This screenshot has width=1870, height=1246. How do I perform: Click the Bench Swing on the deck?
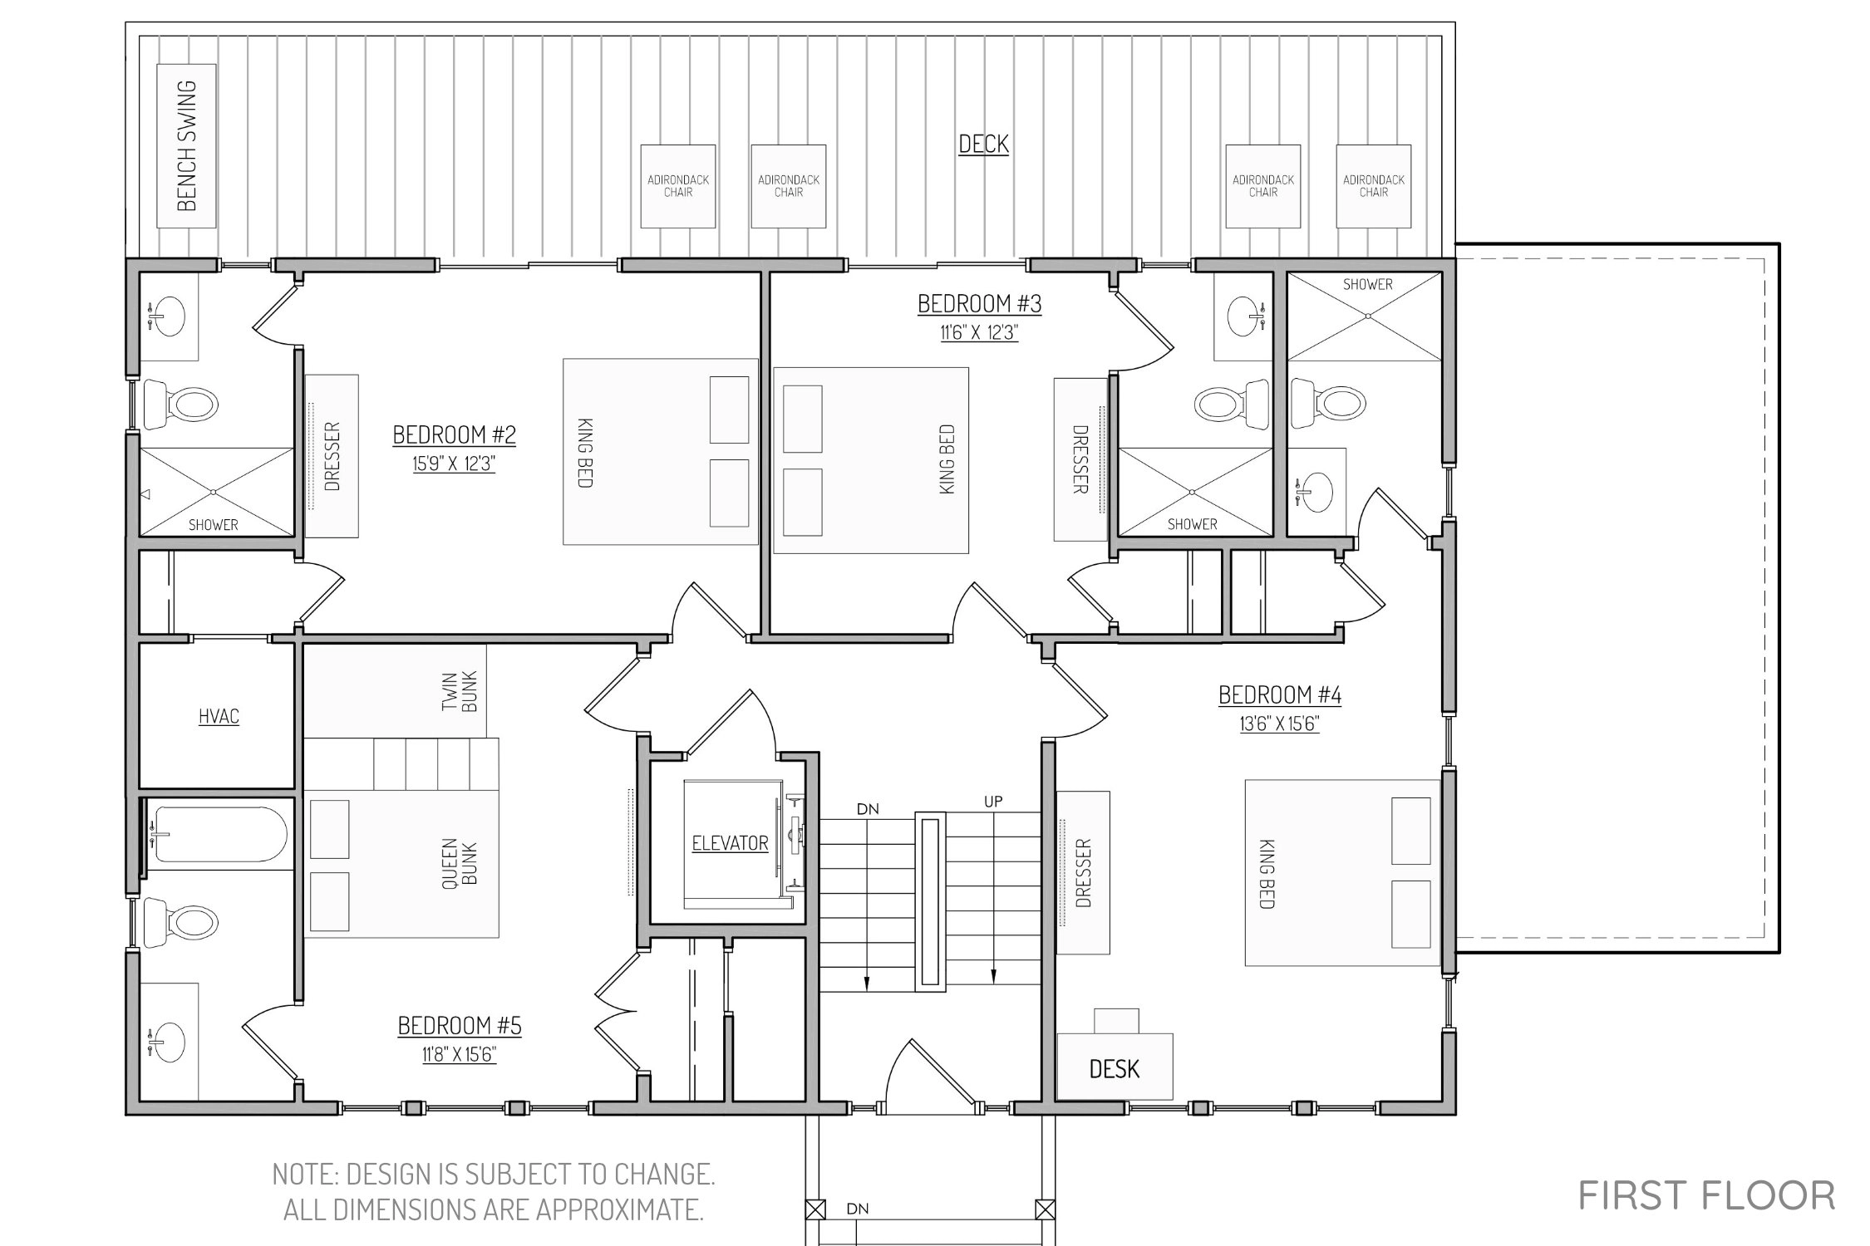[x=186, y=145]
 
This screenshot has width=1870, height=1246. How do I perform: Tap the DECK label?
[x=983, y=144]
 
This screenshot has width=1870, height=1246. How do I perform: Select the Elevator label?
[x=730, y=843]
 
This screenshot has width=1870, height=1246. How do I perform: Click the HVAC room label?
[x=219, y=716]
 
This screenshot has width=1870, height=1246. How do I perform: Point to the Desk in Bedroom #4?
[x=1115, y=1066]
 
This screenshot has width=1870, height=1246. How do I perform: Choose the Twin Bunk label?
[x=460, y=691]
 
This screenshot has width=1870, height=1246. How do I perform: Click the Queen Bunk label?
[x=460, y=864]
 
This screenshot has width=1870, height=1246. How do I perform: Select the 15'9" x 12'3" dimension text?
[x=454, y=464]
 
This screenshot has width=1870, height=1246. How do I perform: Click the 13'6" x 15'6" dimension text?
[x=1280, y=724]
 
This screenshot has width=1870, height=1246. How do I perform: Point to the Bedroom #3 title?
[x=979, y=304]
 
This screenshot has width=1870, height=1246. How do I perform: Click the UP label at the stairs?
[x=993, y=802]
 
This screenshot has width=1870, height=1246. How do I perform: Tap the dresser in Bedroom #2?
[x=332, y=456]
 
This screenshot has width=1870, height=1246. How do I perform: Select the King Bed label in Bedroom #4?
[x=1267, y=873]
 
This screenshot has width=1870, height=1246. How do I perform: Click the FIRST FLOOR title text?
[x=1707, y=1196]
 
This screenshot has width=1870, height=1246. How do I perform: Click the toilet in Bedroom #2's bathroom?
[x=181, y=405]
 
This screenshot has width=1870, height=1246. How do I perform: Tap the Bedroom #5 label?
[x=460, y=1026]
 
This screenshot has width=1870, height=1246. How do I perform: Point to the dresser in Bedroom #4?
[x=1083, y=872]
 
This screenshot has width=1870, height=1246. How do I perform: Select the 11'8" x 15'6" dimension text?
[x=460, y=1055]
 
